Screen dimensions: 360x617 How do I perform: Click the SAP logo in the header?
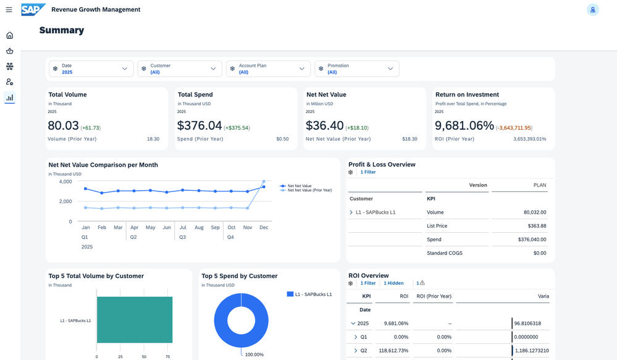pyautogui.click(x=33, y=9)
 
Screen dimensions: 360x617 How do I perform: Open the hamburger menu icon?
pyautogui.click(x=9, y=10)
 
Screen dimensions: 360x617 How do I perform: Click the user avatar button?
pyautogui.click(x=592, y=10)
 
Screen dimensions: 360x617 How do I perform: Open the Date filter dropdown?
pyautogui.click(x=91, y=69)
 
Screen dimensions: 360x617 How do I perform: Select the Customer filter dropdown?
pyautogui.click(x=180, y=69)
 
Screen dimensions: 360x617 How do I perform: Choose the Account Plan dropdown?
pyautogui.click(x=268, y=69)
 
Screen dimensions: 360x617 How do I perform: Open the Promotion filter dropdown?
pyautogui.click(x=357, y=69)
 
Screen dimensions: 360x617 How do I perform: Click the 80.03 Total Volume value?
pyautogui.click(x=63, y=126)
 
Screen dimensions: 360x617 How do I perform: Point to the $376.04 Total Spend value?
pyautogui.click(x=199, y=126)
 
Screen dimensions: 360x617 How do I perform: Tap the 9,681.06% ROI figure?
pyautogui.click(x=464, y=126)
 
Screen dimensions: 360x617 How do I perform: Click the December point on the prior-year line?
pyautogui.click(x=264, y=182)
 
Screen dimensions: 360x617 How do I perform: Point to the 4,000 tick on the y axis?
pyautogui.click(x=65, y=182)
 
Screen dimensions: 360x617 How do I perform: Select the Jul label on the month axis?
pyautogui.click(x=183, y=227)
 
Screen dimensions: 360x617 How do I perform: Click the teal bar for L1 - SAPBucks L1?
pyautogui.click(x=134, y=320)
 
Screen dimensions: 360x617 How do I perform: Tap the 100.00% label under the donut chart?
pyautogui.click(x=254, y=354)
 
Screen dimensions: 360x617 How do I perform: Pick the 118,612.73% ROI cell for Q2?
pyautogui.click(x=393, y=351)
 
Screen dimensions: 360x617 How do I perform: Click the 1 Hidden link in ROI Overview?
pyautogui.click(x=393, y=283)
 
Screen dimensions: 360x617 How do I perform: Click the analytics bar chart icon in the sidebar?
pyautogui.click(x=9, y=98)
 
